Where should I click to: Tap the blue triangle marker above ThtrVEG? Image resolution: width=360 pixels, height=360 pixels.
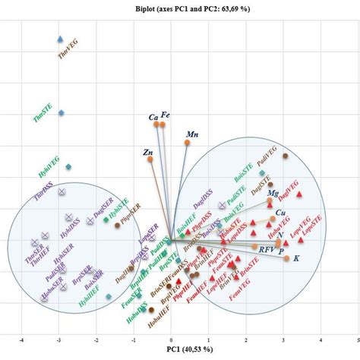(x=61, y=39)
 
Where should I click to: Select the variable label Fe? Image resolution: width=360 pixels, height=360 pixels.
(x=166, y=115)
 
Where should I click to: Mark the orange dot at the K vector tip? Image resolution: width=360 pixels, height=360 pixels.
(x=286, y=259)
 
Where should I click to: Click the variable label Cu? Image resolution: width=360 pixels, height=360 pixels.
(x=281, y=213)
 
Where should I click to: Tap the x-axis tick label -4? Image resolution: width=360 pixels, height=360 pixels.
(x=22, y=339)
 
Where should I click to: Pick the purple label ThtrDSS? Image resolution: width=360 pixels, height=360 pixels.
(x=45, y=197)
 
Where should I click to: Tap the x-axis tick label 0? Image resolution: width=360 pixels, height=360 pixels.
(x=172, y=339)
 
